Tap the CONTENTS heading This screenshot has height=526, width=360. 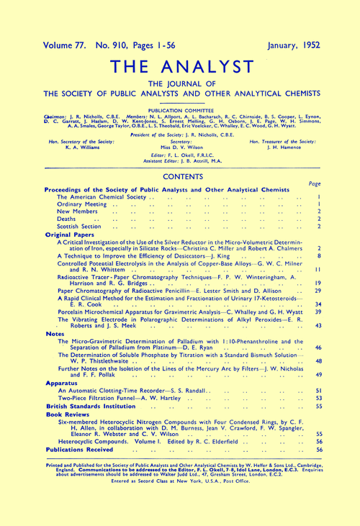pos(179,175)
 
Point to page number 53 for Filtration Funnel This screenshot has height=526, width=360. pos(318,397)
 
